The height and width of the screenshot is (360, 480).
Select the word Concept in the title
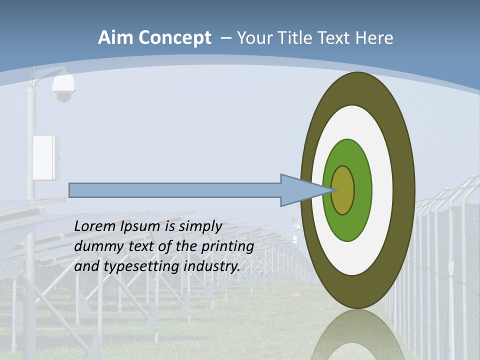[175, 38]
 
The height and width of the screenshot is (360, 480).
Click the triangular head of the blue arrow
[300, 190]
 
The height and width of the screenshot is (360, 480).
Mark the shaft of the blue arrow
[175, 190]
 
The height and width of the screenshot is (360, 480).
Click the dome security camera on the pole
[63, 88]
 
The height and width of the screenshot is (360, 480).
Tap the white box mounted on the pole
[45, 157]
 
